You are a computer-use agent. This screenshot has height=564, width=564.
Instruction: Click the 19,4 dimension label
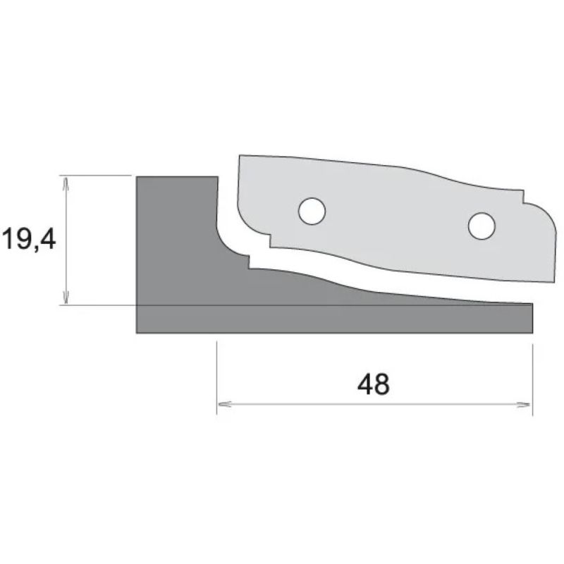(x=29, y=240)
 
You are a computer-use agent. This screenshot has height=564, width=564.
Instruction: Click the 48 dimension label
(x=374, y=384)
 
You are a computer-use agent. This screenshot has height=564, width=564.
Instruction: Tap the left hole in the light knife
(x=312, y=211)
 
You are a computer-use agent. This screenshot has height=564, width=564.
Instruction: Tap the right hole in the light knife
(x=482, y=226)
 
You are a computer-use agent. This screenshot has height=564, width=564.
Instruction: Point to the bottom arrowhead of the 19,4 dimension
(x=66, y=298)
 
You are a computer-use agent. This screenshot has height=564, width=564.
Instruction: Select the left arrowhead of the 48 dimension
(x=224, y=405)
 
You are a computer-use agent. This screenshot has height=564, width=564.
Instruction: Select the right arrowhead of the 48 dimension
(x=524, y=405)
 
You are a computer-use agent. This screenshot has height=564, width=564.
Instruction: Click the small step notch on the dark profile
(x=249, y=262)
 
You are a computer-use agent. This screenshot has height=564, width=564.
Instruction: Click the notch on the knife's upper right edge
(x=523, y=197)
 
